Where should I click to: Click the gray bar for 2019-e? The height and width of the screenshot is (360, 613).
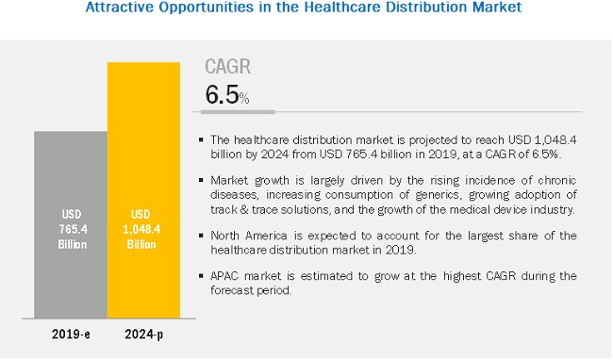71,224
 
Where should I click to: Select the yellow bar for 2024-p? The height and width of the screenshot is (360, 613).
144,190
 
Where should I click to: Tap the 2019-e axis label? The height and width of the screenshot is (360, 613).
71,335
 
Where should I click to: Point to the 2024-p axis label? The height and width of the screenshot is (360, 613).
144,335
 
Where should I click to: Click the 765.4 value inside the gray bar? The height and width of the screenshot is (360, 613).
74,229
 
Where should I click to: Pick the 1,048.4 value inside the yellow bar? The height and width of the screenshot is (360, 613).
141,229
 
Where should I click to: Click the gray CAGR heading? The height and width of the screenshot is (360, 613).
227,66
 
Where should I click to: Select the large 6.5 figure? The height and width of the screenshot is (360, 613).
222,94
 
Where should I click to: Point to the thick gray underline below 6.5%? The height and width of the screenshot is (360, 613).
238,112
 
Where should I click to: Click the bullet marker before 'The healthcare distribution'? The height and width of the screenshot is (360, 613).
201,139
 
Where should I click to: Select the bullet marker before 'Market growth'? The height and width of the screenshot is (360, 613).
201,180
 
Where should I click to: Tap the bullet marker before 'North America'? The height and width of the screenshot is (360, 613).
201,236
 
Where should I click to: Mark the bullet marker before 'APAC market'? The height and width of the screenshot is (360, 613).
201,276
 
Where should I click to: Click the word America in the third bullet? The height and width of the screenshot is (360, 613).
266,236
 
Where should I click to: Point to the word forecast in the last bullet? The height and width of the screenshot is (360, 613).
228,290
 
